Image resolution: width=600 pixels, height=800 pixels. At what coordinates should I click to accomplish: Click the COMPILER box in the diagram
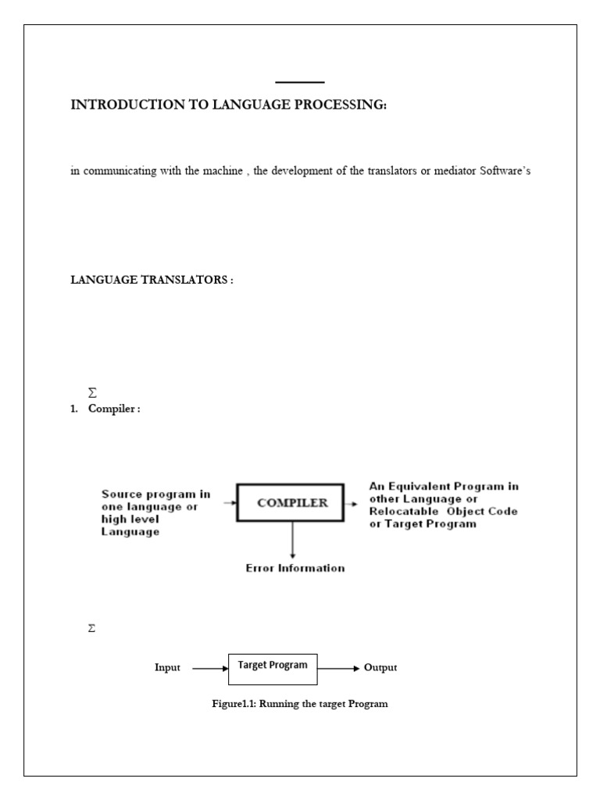(293, 503)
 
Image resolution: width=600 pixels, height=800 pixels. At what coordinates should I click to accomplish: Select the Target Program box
(273, 665)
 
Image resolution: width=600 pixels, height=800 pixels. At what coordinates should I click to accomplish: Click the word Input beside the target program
(167, 668)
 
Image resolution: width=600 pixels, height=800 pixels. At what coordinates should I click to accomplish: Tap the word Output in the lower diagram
(380, 668)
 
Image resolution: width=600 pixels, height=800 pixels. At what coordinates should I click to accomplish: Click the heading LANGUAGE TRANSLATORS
(152, 280)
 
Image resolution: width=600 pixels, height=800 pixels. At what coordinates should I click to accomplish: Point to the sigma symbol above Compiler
(92, 395)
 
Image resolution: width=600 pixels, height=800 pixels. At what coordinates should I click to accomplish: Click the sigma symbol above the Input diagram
(92, 628)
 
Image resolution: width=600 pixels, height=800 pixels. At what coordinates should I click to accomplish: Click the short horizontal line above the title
(300, 82)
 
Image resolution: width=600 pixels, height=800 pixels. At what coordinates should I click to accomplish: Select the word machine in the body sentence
(223, 171)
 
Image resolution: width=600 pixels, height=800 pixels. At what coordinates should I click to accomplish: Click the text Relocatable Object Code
(443, 511)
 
